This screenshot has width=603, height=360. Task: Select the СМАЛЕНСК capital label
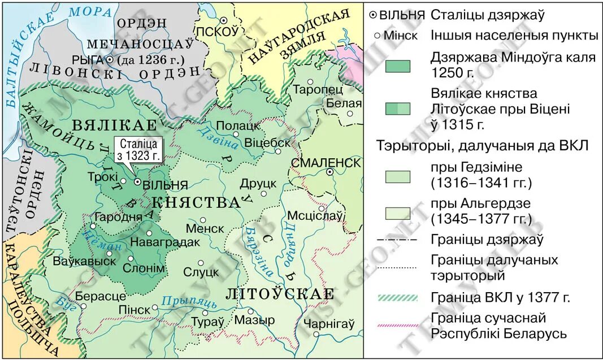(x=326, y=163)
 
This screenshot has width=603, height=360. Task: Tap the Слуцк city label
(x=201, y=272)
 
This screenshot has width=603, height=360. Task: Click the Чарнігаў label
(x=329, y=323)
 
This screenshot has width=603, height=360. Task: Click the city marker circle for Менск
(x=202, y=220)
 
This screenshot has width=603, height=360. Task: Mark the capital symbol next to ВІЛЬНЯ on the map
(x=137, y=182)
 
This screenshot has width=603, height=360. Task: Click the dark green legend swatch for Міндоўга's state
(x=398, y=65)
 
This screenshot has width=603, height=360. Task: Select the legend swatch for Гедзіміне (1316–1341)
(x=398, y=176)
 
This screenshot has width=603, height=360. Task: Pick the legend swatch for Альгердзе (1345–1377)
(x=398, y=212)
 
